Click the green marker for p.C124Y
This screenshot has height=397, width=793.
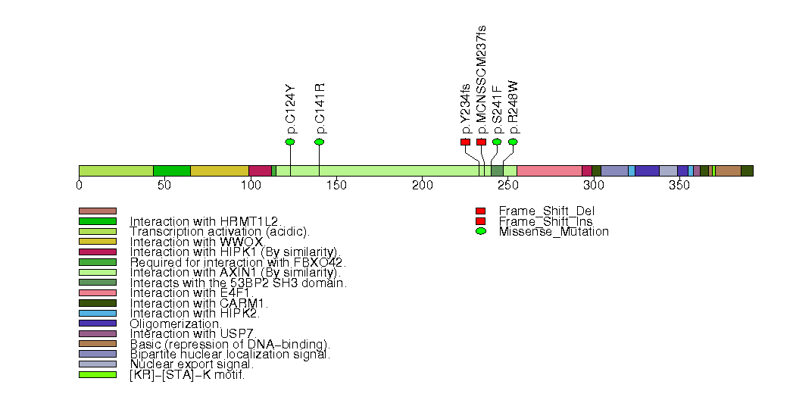point(289,142)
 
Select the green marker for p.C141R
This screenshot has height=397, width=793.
point(319,142)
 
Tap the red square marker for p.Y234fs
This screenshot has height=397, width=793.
point(465,142)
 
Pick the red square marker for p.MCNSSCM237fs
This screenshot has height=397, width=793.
point(481,142)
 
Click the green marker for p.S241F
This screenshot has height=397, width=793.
point(497,142)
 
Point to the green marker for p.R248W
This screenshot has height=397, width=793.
point(513,142)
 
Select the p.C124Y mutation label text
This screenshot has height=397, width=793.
point(290,109)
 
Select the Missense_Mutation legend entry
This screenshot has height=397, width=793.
point(553,232)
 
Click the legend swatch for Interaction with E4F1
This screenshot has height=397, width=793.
point(98,292)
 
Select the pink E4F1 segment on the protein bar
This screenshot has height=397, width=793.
point(549,170)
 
